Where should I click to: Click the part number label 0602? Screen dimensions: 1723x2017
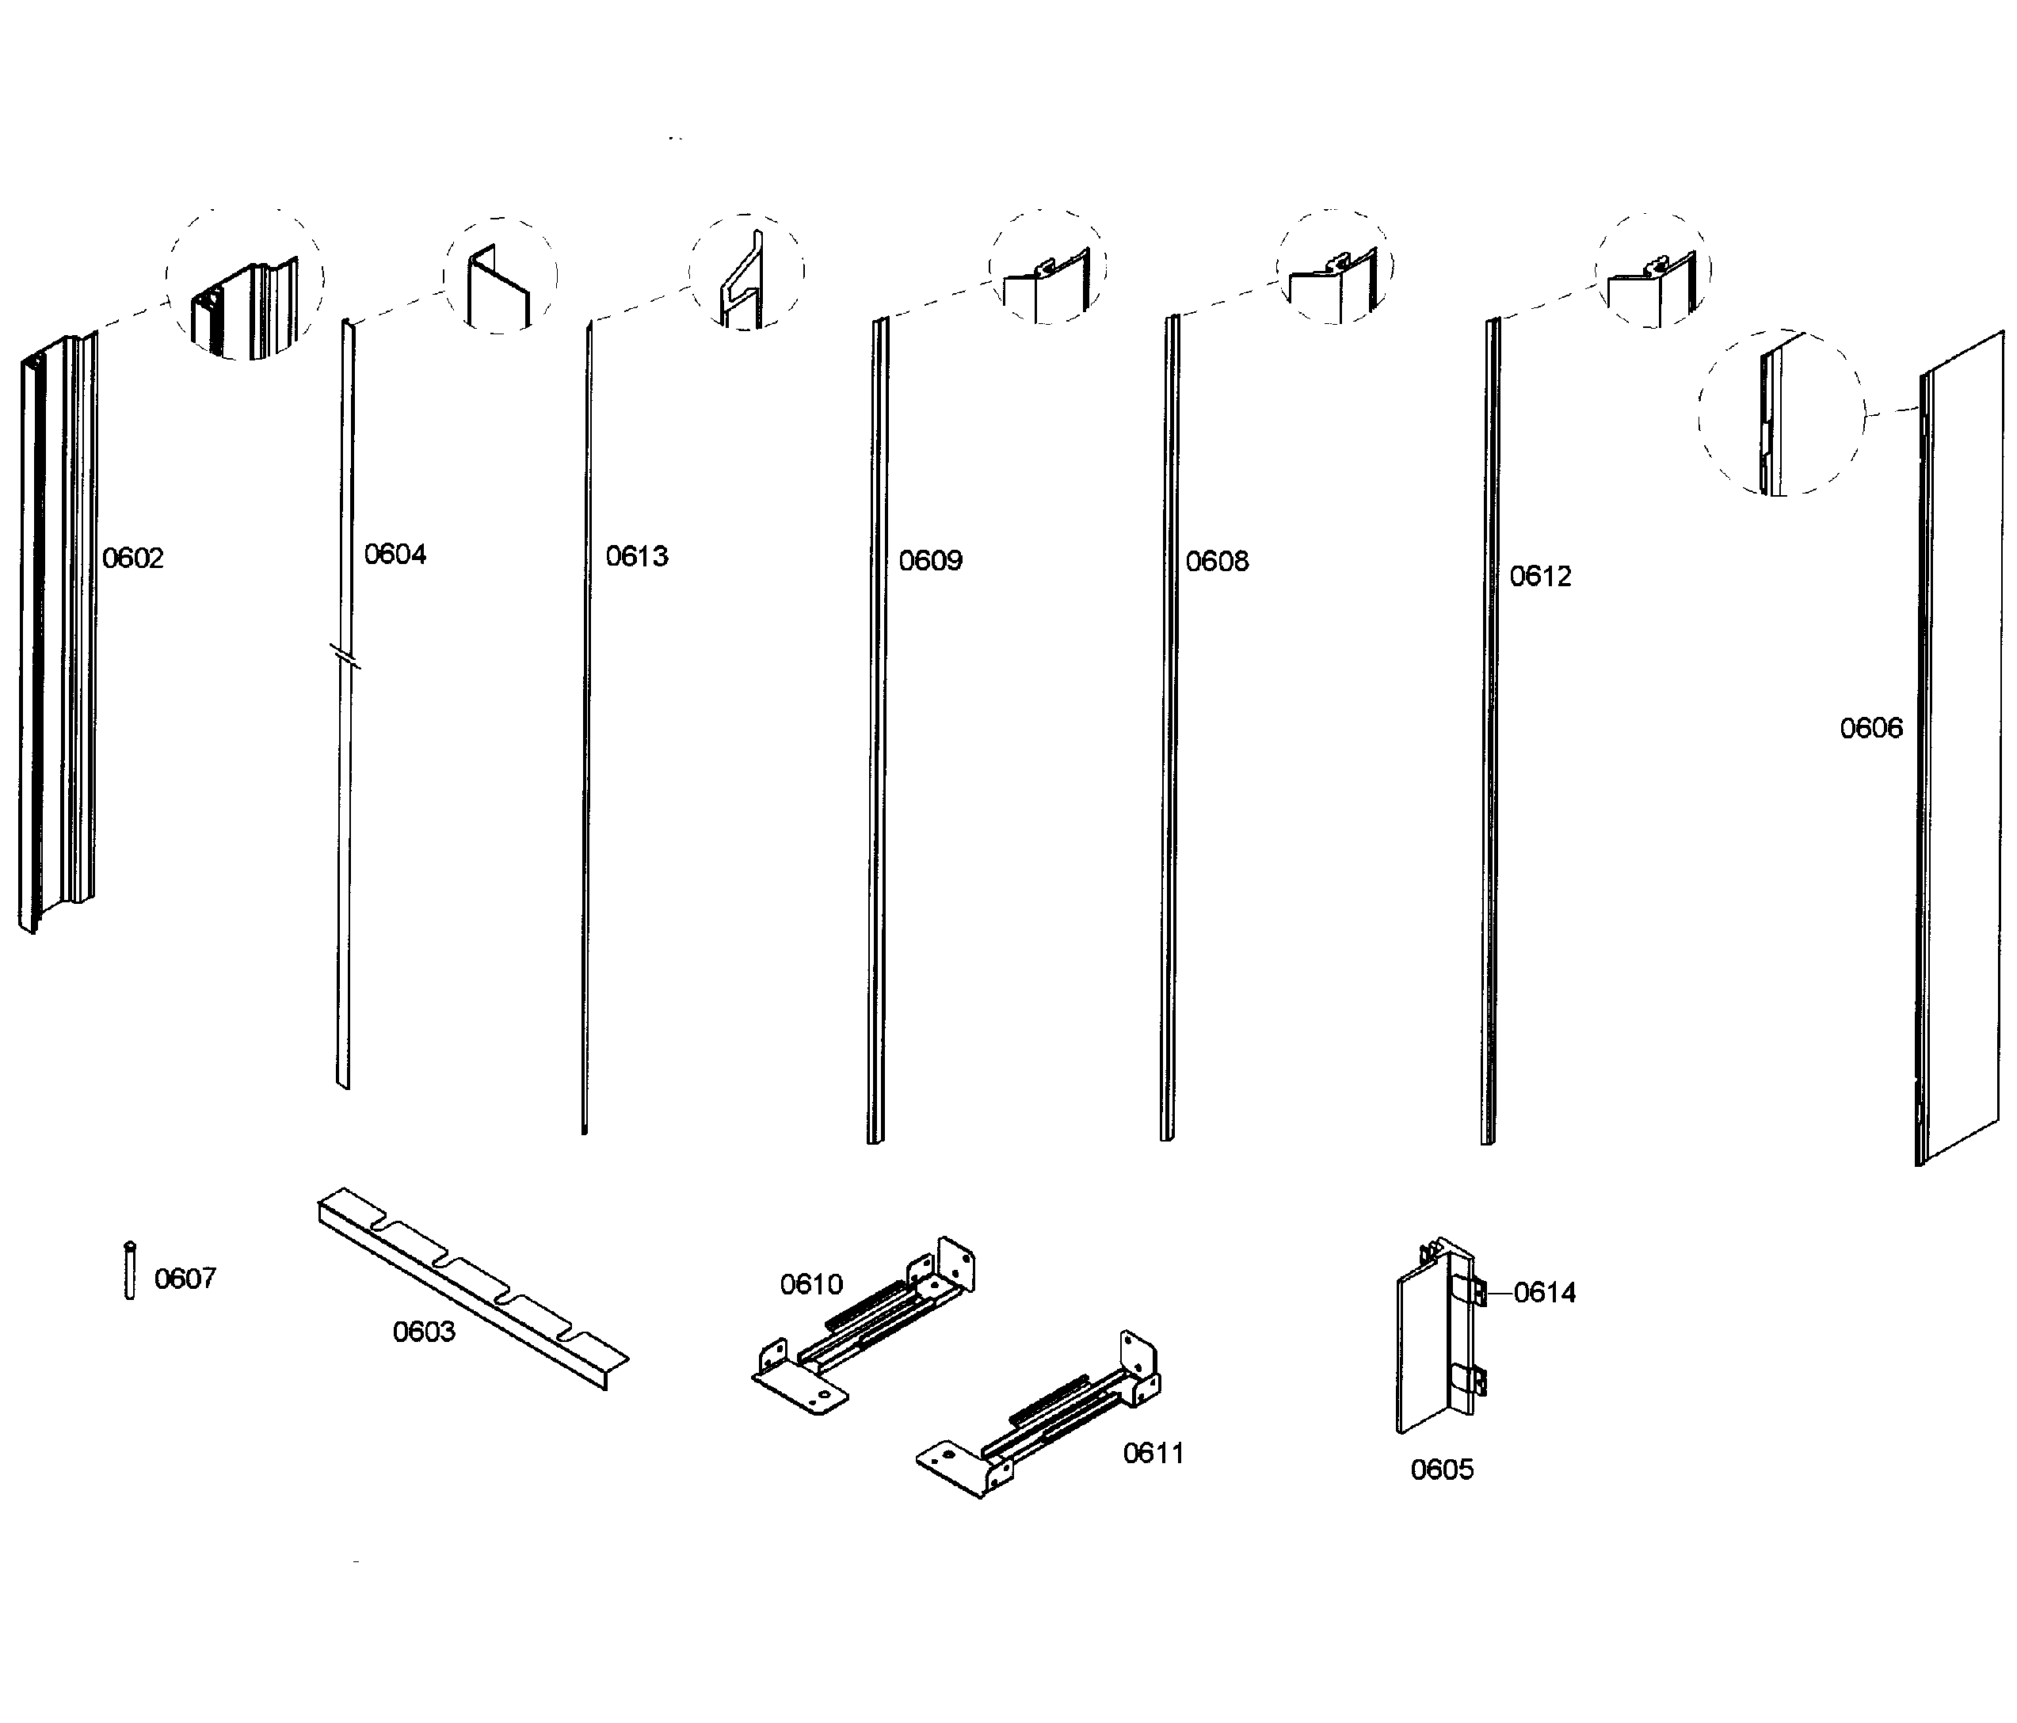[132, 558]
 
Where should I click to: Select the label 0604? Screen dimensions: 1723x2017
[395, 554]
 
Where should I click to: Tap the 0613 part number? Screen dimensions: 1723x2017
[637, 556]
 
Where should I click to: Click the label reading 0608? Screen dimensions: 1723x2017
[1217, 561]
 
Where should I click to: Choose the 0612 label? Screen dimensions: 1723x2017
[1540, 576]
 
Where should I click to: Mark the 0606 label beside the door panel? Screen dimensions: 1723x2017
[1870, 727]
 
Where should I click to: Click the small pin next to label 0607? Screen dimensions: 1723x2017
[129, 1271]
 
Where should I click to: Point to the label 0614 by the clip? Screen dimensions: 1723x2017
[1544, 1292]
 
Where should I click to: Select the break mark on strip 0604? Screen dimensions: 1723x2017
[345, 656]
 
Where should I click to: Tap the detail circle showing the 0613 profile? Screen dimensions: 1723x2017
[746, 272]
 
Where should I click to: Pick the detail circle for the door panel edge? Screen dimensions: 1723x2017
[1782, 413]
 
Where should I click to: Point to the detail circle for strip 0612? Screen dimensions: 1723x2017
[1652, 271]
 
